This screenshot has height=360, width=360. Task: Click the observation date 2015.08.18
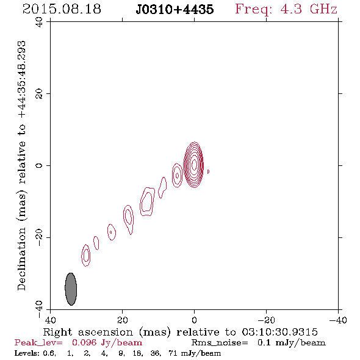(62, 9)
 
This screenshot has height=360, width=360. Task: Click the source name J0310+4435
(175, 10)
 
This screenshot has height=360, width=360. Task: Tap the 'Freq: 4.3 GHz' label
(286, 10)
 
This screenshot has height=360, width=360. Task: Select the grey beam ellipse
(71, 289)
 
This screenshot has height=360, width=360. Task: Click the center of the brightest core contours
(194, 164)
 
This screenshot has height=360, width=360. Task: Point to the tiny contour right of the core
(208, 171)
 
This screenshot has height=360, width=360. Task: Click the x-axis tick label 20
(122, 320)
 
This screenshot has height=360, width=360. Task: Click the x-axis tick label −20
(266, 320)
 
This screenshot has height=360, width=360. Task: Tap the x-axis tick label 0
(194, 320)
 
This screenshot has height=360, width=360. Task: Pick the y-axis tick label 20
(39, 94)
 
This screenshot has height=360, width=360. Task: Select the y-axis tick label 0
(39, 165)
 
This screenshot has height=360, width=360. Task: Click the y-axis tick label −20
(39, 237)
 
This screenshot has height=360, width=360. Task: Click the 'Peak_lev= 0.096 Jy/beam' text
(78, 343)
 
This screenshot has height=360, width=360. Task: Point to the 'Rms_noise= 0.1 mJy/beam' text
(259, 343)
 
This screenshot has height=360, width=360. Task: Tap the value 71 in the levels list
(173, 353)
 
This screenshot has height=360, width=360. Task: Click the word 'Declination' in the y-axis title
(21, 259)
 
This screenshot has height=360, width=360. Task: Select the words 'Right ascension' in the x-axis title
(88, 332)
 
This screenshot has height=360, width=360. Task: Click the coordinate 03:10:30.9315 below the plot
(279, 332)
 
